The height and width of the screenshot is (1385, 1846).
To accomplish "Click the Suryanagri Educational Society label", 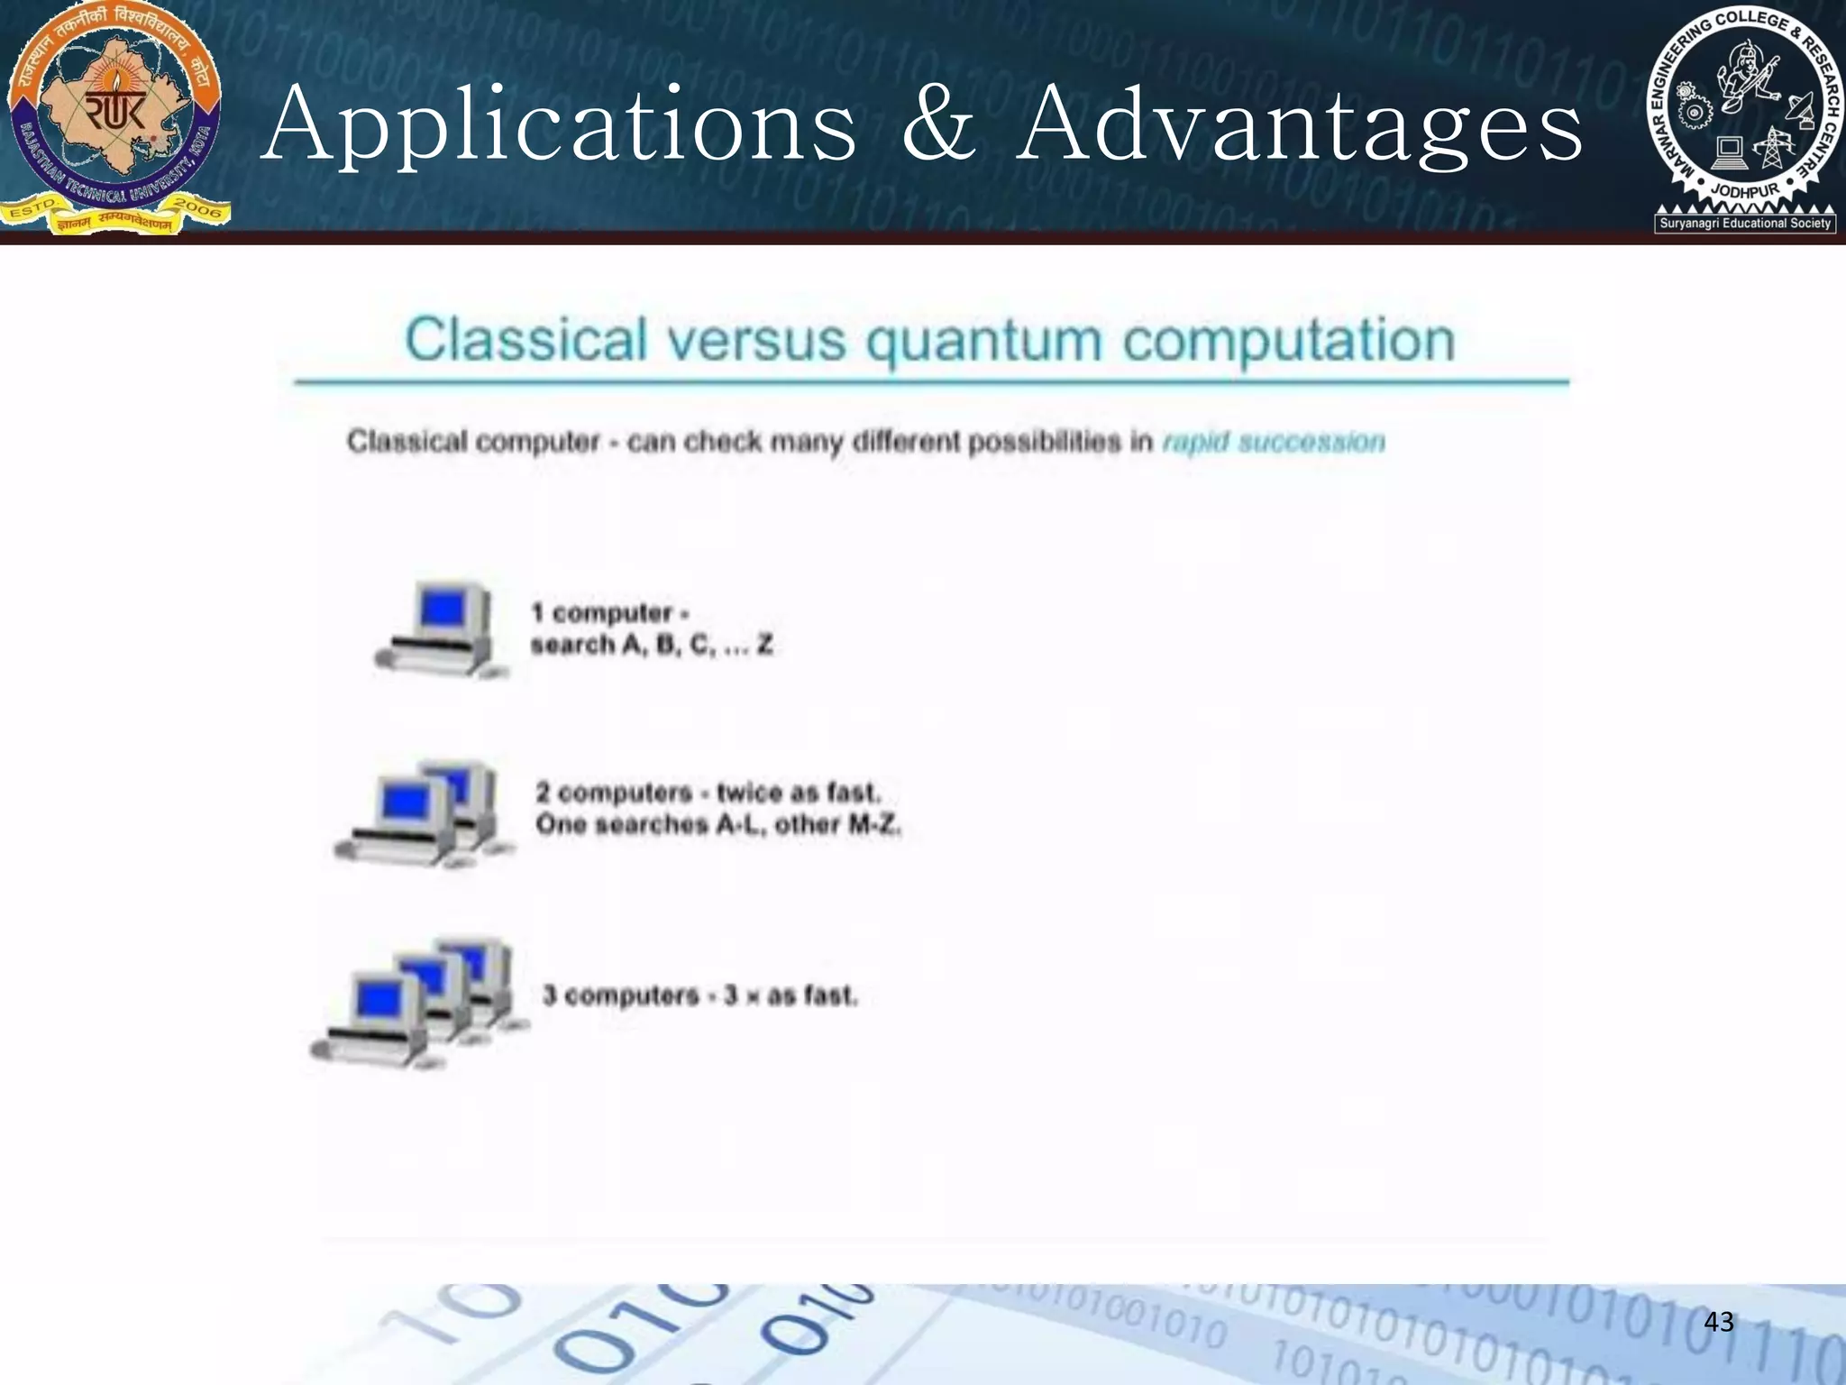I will click(x=1745, y=223).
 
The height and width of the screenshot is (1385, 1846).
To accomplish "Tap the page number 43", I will click(x=1718, y=1322).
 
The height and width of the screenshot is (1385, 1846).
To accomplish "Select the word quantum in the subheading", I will click(x=983, y=341).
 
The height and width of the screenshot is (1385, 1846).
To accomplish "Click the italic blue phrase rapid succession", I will click(x=1274, y=442).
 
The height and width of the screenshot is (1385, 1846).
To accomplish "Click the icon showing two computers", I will click(x=424, y=813).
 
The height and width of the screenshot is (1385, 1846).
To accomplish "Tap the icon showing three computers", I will click(x=420, y=1003).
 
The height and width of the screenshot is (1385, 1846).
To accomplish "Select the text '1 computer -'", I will click(x=610, y=613).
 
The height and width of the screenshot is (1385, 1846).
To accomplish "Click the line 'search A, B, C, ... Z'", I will click(x=652, y=646).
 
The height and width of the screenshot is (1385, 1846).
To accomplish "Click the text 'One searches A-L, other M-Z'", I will click(x=717, y=824).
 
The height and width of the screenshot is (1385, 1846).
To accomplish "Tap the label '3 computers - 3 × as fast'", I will click(x=699, y=995).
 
